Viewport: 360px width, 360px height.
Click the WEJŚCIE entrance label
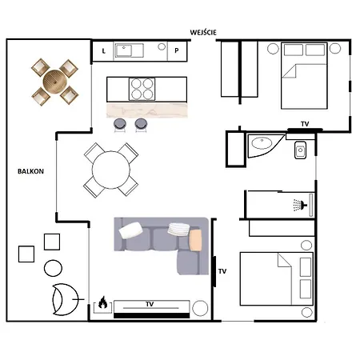coord(203,32)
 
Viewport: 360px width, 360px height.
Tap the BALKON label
coord(30,171)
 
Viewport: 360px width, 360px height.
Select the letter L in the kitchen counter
coord(104,50)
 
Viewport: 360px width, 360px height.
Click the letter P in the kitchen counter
coord(177,50)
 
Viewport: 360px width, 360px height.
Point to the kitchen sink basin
coord(123,50)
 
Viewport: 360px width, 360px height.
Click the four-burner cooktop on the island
coord(142,90)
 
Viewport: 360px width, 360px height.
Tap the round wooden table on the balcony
coord(54,82)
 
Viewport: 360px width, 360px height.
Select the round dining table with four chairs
coord(111,170)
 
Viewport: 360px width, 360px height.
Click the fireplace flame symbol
coord(103,302)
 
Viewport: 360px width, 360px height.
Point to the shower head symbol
coord(301,205)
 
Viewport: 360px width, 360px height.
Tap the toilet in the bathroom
coord(300,150)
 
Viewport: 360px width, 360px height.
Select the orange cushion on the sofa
coord(195,240)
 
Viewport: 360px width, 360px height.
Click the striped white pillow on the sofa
coord(178,230)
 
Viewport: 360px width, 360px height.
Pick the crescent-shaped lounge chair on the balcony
coord(65,299)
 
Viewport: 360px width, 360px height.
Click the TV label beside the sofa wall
coord(222,271)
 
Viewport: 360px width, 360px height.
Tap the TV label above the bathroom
coord(305,124)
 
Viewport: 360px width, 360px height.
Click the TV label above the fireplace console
coord(150,304)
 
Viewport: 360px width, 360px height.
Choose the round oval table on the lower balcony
coord(53,268)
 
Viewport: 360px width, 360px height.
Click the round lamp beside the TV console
coord(200,308)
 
